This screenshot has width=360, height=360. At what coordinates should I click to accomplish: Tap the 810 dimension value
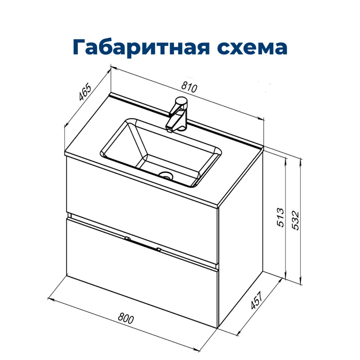pyautogui.click(x=190, y=88)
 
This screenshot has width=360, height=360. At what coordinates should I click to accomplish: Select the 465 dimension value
pyautogui.click(x=85, y=92)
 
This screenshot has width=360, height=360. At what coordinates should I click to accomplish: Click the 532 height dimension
pyautogui.click(x=295, y=220)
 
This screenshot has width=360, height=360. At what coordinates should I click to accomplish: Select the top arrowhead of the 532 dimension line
pyautogui.click(x=300, y=160)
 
